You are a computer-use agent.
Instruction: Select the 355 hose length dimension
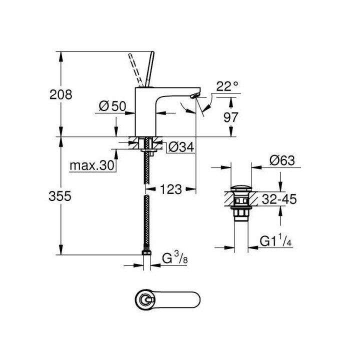[60, 196]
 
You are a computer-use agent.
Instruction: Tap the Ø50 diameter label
[111, 105]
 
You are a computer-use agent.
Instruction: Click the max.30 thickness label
[92, 165]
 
